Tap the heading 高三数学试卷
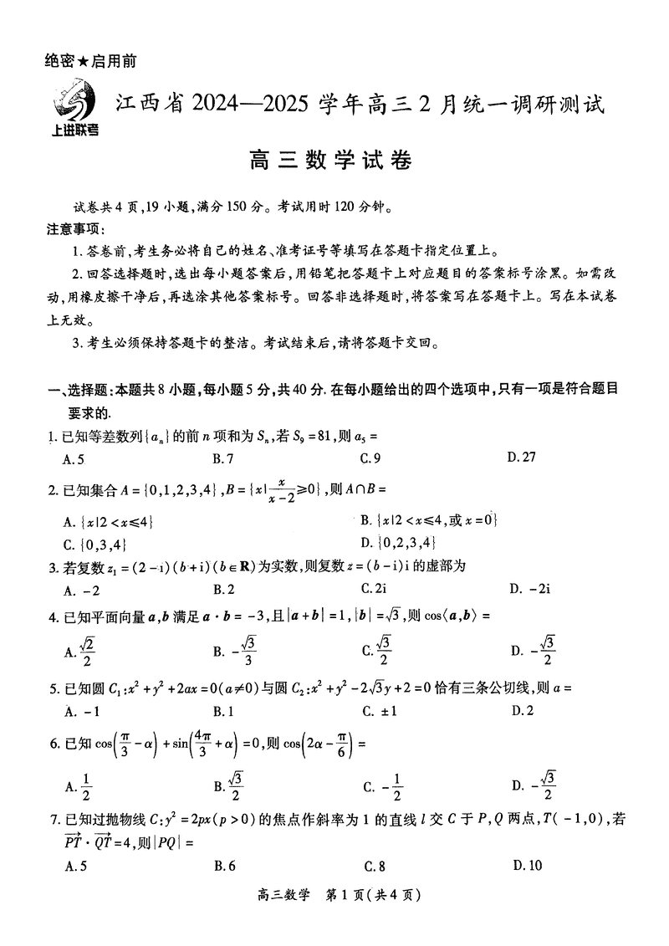[x=334, y=158]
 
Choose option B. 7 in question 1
[x=223, y=458]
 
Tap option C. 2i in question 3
[x=373, y=589]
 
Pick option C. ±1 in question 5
[x=380, y=711]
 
